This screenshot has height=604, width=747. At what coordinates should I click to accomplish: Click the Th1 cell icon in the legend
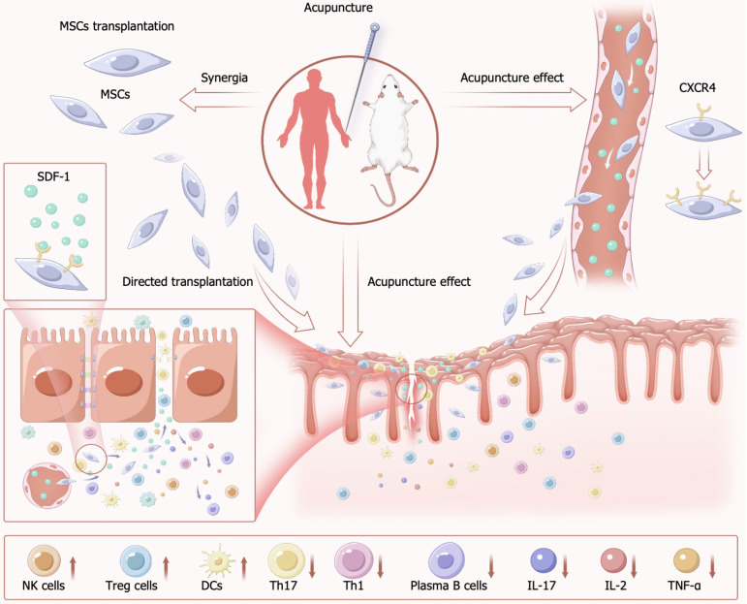pyautogui.click(x=353, y=559)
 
